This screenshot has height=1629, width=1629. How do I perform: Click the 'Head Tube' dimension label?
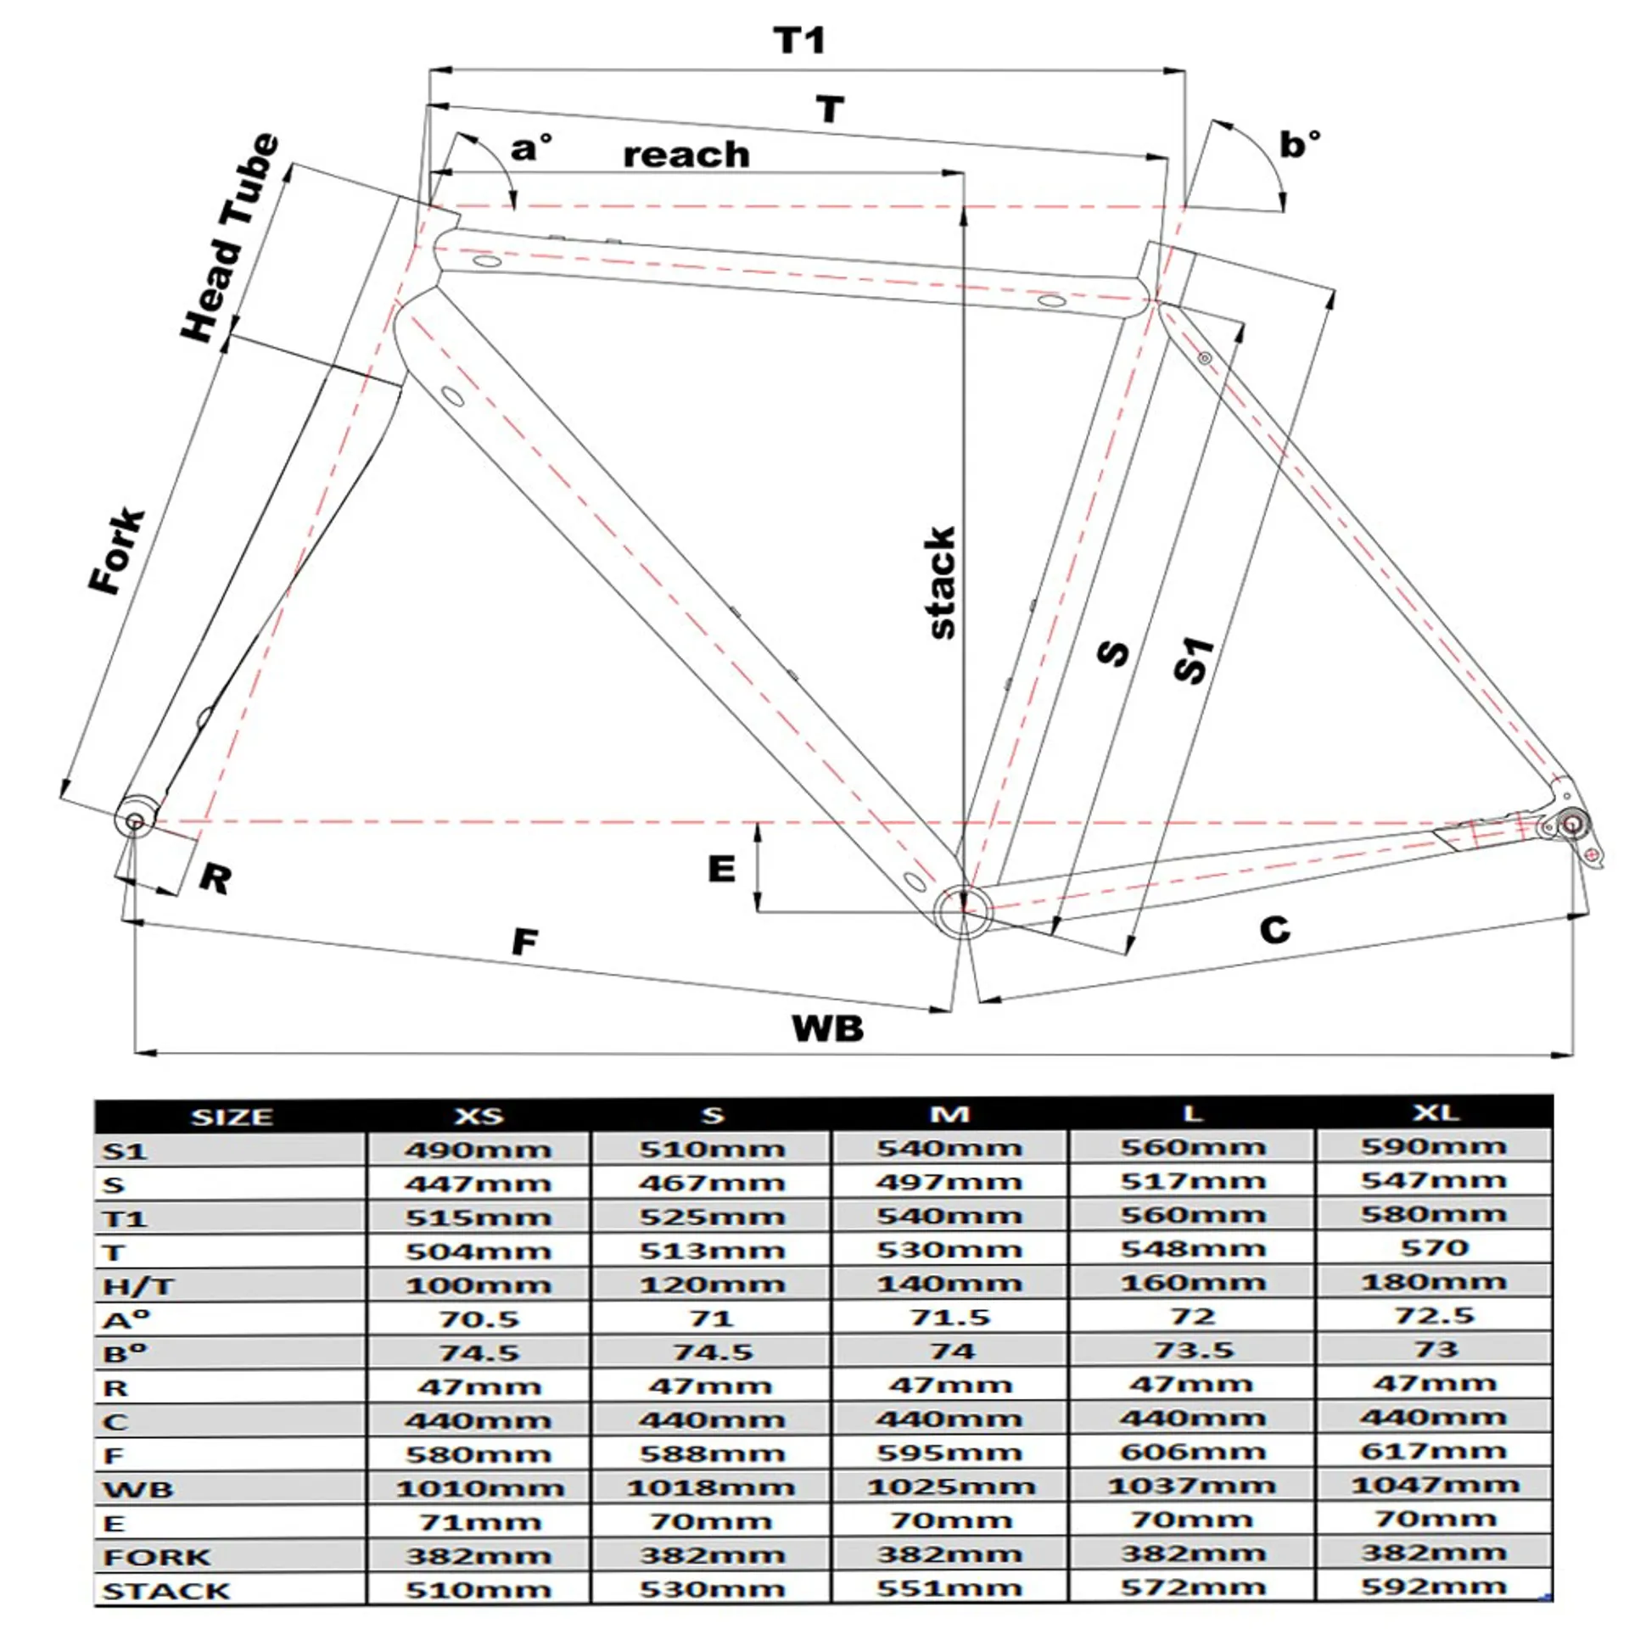click(230, 238)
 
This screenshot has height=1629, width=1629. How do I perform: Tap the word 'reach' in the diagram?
click(686, 155)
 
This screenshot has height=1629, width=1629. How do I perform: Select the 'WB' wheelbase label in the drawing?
click(827, 1028)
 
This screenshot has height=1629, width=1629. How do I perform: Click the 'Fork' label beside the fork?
click(118, 551)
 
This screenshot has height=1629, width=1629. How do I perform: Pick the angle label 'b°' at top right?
click(1299, 144)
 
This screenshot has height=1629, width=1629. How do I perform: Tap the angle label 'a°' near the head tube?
click(530, 148)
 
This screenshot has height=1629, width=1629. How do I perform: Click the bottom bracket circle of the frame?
click(963, 910)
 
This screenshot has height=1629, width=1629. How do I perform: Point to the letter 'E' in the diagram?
click(721, 869)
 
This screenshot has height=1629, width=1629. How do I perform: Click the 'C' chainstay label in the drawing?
click(1274, 930)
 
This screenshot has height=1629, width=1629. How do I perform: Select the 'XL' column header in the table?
click(1435, 1112)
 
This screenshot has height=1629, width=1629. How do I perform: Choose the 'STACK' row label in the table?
click(166, 1591)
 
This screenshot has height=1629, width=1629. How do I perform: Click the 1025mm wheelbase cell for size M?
click(950, 1487)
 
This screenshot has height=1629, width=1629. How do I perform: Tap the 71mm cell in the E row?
click(479, 1522)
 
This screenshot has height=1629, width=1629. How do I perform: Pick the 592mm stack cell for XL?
click(1434, 1587)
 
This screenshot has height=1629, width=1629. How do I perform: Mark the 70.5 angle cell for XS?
click(479, 1319)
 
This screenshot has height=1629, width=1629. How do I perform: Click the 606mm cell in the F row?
click(1192, 1453)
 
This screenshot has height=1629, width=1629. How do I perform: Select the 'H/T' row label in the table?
click(137, 1286)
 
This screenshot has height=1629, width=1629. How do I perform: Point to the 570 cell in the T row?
click(1434, 1248)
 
